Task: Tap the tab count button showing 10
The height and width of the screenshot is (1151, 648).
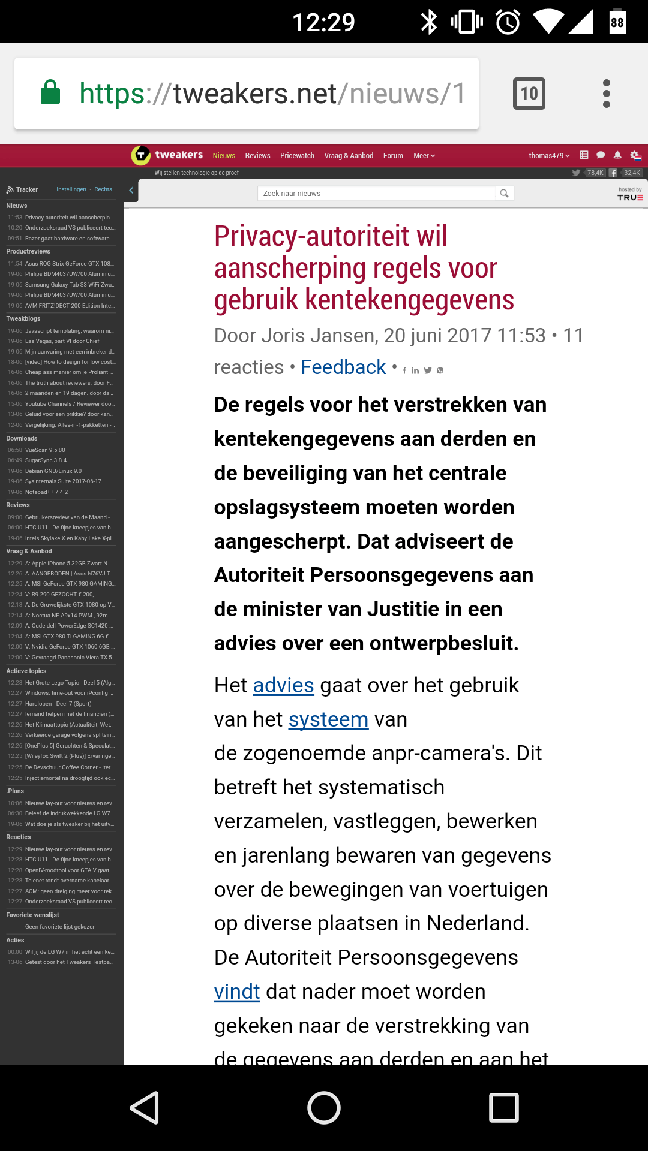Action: coord(529,94)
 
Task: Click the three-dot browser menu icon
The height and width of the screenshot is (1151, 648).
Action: coord(606,94)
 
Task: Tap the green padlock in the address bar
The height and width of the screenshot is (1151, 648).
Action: coord(50,93)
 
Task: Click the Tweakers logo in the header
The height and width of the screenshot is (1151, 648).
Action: coord(167,155)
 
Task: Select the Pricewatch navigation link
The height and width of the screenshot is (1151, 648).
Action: coord(297,156)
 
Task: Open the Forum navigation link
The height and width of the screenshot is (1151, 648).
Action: coord(393,156)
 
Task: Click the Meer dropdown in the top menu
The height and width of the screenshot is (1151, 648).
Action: coord(424,156)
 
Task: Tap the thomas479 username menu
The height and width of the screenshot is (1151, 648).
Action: coord(549,156)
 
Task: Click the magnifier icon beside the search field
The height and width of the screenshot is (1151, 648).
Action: coord(504,193)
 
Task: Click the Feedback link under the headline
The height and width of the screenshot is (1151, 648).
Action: coord(343,367)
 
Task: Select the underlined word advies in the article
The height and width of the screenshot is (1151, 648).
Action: coord(283,685)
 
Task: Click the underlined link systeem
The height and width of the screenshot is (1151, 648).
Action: coord(328,719)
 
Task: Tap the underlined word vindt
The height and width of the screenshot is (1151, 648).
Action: coord(237,992)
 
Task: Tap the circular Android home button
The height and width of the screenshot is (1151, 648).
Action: coord(324,1107)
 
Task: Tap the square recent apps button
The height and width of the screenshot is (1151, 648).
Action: coord(504,1107)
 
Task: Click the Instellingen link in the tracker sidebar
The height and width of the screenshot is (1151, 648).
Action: coord(71,189)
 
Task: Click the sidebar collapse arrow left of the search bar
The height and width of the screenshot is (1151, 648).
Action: coord(131,191)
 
